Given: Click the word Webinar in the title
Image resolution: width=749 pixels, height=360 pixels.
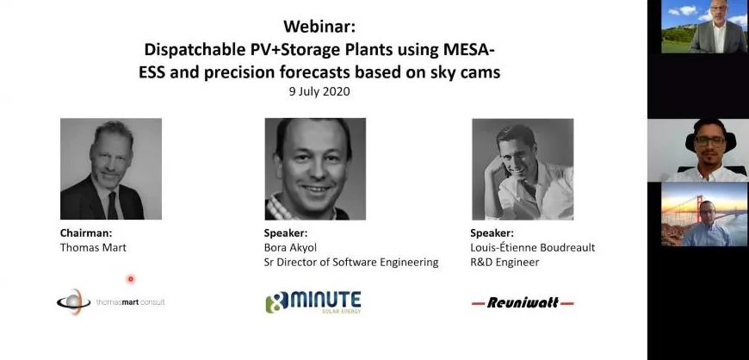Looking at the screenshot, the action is click(x=319, y=27).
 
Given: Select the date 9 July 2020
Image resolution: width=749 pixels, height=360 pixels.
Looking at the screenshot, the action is click(x=319, y=91).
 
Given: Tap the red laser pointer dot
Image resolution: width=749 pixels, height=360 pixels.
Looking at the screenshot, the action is click(x=130, y=279).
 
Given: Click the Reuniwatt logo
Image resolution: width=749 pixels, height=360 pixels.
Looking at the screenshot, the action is click(x=523, y=302).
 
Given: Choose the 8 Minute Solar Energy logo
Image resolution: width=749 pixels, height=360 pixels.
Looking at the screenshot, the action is click(x=313, y=302).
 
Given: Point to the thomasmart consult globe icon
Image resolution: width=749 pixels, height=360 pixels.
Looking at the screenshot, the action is click(x=74, y=301).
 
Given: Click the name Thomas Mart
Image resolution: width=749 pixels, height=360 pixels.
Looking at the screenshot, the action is click(x=93, y=248).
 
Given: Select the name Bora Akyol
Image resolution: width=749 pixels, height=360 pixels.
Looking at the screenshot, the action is click(x=290, y=248).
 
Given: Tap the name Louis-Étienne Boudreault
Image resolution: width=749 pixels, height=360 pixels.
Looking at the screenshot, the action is click(x=533, y=248).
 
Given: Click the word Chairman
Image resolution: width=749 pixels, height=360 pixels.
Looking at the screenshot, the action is click(x=86, y=233).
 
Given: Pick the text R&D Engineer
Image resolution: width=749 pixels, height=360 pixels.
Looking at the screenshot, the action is click(x=504, y=262).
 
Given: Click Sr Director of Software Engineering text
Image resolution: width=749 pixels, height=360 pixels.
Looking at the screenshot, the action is click(x=351, y=262).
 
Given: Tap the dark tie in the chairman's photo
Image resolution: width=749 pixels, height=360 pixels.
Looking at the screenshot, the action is click(x=113, y=205).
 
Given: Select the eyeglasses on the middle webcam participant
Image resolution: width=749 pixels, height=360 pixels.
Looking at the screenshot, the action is click(x=710, y=140).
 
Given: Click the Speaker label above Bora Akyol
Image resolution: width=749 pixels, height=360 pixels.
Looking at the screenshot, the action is click(x=286, y=233).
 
